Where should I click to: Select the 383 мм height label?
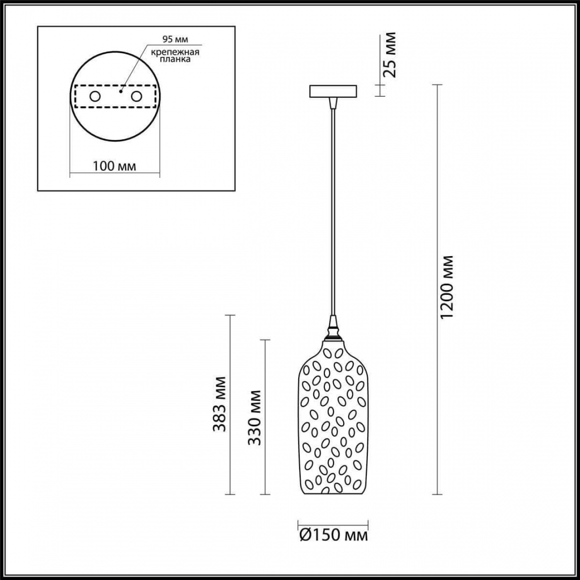click(x=219, y=404)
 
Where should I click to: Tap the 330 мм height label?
click(x=255, y=417)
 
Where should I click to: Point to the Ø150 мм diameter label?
click(x=334, y=535)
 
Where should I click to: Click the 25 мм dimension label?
click(x=389, y=55)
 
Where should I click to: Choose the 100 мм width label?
click(x=114, y=166)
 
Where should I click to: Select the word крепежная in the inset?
click(x=175, y=52)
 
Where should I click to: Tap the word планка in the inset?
click(x=175, y=59)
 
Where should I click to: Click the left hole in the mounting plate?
click(x=95, y=97)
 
